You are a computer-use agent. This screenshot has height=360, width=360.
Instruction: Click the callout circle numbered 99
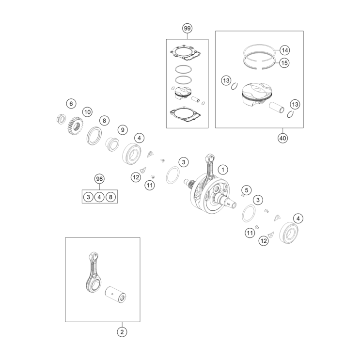(x=187, y=29)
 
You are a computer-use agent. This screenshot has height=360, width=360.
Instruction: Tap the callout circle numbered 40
(x=282, y=138)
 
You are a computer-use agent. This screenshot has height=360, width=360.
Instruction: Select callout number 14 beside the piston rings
(x=285, y=50)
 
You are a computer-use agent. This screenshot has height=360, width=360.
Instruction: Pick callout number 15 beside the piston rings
(x=284, y=63)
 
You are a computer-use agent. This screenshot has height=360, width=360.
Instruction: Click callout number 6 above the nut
(x=71, y=104)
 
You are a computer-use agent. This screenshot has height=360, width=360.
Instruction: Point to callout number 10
(x=87, y=112)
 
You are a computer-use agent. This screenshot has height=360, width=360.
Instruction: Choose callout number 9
(x=123, y=130)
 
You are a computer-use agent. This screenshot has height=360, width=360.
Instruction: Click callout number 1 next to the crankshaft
(x=222, y=170)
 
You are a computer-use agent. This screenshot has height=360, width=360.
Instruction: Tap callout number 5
(x=246, y=190)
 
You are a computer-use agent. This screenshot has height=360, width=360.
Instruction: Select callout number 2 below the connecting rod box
(x=122, y=332)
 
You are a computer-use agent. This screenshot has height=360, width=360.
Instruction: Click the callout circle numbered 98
(x=99, y=179)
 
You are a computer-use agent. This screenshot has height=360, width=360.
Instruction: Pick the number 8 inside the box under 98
(x=110, y=197)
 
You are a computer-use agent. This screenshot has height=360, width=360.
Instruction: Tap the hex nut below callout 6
(x=61, y=119)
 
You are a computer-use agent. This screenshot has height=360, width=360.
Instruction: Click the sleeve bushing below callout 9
(x=112, y=144)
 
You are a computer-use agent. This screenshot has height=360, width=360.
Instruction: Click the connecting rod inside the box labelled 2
(x=94, y=272)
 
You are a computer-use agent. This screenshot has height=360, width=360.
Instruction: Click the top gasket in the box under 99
(x=186, y=53)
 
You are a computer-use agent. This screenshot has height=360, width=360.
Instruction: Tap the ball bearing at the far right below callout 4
(x=289, y=233)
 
